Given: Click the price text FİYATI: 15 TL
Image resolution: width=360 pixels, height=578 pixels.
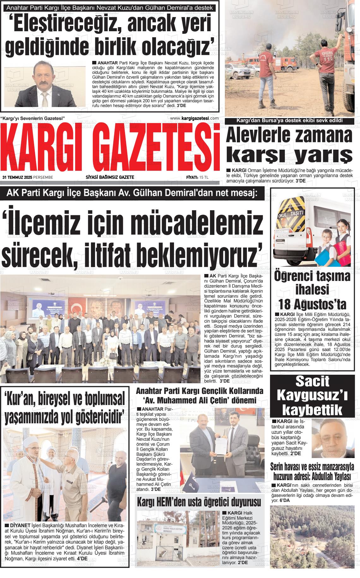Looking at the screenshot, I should pos(197,177).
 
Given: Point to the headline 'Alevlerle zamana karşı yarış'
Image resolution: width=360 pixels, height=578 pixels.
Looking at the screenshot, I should pos(289,145).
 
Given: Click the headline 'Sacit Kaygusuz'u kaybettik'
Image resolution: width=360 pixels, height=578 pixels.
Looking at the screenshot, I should pos(315,396).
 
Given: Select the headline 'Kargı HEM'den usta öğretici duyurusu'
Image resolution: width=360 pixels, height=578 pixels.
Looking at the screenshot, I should pos(199,502).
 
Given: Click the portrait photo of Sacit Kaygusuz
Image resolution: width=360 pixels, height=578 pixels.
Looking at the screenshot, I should pos(333,438).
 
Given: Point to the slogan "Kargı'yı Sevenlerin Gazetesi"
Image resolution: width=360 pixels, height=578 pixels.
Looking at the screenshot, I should pos(33,118).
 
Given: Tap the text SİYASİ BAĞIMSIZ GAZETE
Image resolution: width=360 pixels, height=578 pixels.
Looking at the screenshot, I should pos(110,177).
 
